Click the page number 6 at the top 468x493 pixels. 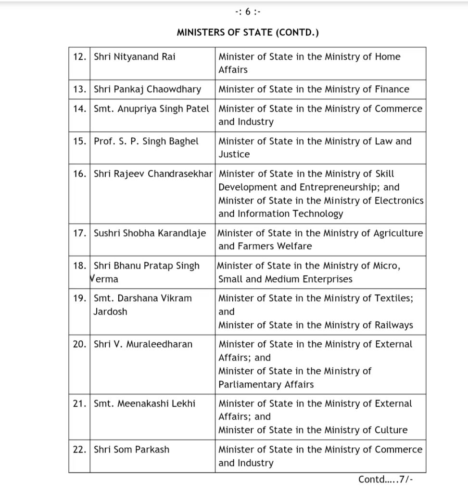(x=247, y=12)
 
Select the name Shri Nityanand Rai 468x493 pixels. (x=134, y=57)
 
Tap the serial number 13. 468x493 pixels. (x=79, y=89)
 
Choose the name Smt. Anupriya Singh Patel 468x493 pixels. (x=151, y=109)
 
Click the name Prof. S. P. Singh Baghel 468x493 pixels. (x=146, y=142)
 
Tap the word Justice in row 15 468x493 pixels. (x=234, y=155)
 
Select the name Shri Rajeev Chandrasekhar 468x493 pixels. (x=153, y=174)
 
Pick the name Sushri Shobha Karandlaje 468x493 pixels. (x=150, y=233)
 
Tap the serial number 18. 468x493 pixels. (x=79, y=266)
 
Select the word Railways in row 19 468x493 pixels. (x=393, y=325)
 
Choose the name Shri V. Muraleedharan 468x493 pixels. (x=143, y=344)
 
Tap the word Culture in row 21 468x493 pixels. (x=391, y=430)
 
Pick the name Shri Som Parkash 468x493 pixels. (x=131, y=450)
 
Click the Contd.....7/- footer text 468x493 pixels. (x=386, y=480)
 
